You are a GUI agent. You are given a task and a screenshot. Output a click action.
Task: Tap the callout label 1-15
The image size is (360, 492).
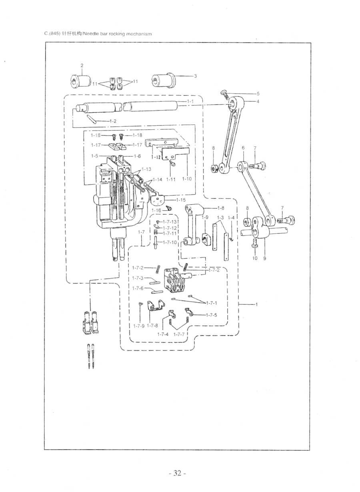pyautogui.click(x=181, y=200)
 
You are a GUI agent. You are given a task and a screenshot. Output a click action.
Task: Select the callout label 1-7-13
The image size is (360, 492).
pyautogui.click(x=170, y=222)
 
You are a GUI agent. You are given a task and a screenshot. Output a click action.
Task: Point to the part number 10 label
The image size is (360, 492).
pyautogui.click(x=254, y=258)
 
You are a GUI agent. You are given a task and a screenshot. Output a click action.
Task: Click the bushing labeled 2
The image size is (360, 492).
pyautogui.click(x=80, y=81)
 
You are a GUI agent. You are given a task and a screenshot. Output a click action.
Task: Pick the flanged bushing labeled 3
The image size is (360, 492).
pyautogui.click(x=164, y=80)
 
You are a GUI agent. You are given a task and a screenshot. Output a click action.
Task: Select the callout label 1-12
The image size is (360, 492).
pyautogui.click(x=156, y=157)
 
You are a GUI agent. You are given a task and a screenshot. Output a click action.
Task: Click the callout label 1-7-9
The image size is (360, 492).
pyautogui.click(x=139, y=326)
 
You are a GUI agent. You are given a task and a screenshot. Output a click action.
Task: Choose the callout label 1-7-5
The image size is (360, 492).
pyautogui.click(x=211, y=315)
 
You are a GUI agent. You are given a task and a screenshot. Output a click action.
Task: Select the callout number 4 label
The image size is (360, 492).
pyautogui.click(x=258, y=102)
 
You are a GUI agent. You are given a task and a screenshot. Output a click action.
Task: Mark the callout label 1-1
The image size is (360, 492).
pyautogui.click(x=190, y=102)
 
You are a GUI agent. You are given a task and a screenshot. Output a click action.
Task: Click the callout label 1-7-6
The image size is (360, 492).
pyautogui.click(x=138, y=288)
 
